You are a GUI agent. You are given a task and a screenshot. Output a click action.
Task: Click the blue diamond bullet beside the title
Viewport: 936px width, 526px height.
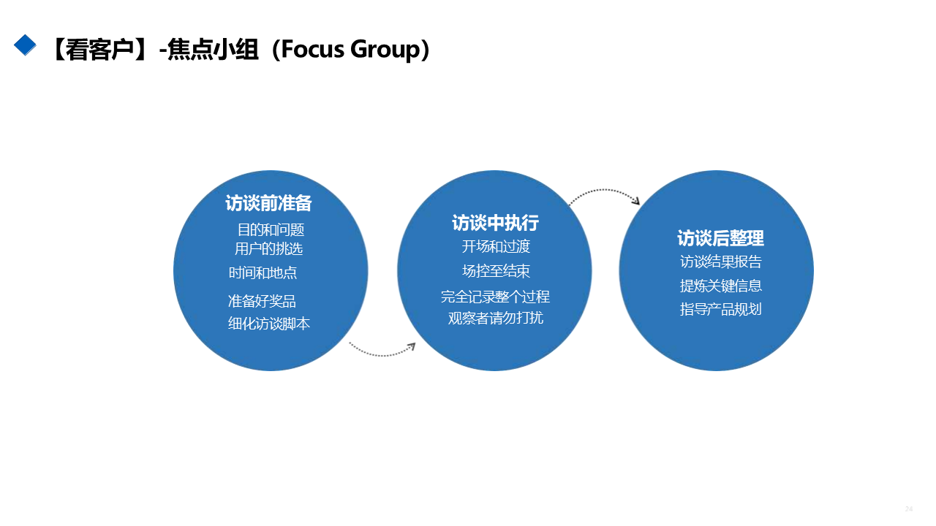click(x=25, y=45)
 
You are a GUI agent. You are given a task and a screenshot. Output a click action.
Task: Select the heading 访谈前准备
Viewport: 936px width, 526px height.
click(x=268, y=203)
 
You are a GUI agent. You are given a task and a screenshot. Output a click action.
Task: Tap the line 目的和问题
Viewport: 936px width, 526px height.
click(x=271, y=229)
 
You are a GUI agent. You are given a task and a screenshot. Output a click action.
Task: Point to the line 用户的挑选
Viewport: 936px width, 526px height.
click(x=268, y=248)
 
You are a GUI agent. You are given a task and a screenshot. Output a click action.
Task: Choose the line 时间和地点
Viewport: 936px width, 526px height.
click(x=263, y=272)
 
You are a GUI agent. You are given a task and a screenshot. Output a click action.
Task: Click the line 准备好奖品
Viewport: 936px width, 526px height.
click(x=262, y=301)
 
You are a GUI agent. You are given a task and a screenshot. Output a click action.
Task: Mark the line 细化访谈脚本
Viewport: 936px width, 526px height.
click(x=269, y=324)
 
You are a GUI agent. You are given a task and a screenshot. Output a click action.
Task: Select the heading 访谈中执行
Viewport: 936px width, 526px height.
click(x=495, y=223)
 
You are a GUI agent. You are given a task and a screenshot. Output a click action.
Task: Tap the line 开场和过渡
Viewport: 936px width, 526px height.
click(x=496, y=246)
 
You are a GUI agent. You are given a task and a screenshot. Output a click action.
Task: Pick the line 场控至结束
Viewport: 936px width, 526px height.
click(x=496, y=271)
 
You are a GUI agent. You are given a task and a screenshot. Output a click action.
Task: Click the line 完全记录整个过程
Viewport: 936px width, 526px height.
click(x=495, y=297)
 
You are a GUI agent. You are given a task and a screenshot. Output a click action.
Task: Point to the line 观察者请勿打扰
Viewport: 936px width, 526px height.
click(x=496, y=318)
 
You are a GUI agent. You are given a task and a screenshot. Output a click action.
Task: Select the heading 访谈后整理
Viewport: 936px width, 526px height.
click(x=720, y=238)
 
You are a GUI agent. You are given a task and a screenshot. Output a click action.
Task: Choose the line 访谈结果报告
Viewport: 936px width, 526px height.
click(x=721, y=262)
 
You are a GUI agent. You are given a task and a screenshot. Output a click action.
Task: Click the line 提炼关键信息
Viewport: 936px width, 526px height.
click(x=721, y=286)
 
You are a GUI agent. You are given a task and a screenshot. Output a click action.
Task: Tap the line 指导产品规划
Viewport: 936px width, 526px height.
click(x=721, y=309)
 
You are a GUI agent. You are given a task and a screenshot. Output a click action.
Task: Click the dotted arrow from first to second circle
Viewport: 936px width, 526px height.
click(x=382, y=351)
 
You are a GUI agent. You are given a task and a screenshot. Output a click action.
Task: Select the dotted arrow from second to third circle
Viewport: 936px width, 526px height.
click(x=604, y=194)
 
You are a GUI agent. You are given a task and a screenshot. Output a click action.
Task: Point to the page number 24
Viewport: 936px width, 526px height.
click(x=909, y=508)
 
